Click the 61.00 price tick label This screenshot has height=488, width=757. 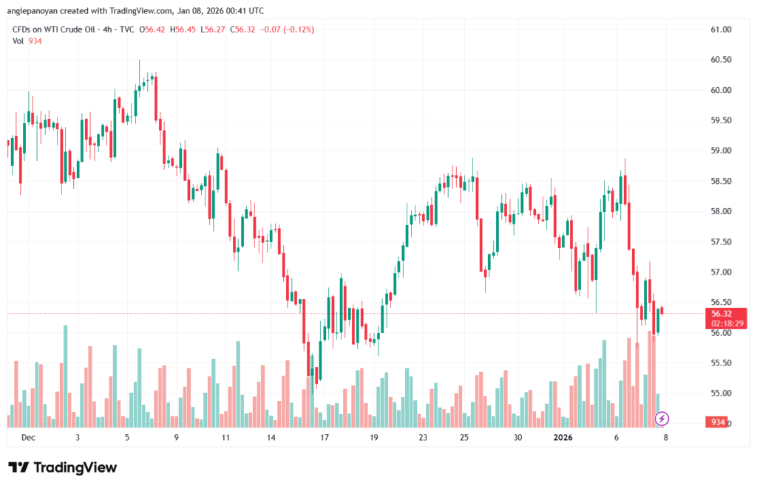(x=721, y=30)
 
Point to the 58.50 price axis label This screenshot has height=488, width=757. (x=721, y=181)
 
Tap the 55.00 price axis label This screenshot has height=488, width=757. (x=721, y=394)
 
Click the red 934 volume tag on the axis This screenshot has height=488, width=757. (x=716, y=422)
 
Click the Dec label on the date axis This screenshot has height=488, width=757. (x=28, y=438)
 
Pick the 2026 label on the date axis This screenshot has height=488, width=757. (x=564, y=438)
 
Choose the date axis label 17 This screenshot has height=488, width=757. (x=324, y=438)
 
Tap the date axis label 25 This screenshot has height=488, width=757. (x=464, y=438)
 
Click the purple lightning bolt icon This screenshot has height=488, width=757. (x=662, y=419)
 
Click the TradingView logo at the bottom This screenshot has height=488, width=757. (x=62, y=468)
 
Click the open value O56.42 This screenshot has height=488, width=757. (x=153, y=30)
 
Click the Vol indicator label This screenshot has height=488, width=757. (x=18, y=41)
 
